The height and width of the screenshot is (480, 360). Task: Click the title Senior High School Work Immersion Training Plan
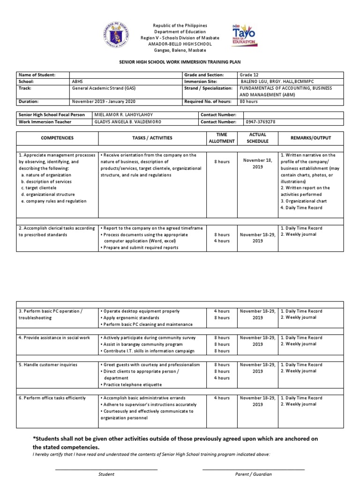coord(180,61)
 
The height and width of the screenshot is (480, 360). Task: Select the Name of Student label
coord(37,75)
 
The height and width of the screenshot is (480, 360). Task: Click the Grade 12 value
coord(249,75)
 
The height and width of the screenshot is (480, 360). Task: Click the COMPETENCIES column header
coord(57,138)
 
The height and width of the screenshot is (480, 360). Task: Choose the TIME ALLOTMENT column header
coord(221,138)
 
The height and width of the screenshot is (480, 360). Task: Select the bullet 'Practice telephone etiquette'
coord(132,384)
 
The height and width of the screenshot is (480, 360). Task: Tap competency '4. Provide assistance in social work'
coord(54,337)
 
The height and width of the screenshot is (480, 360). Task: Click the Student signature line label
coord(106,474)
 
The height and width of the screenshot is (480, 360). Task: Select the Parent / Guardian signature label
coord(253,474)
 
